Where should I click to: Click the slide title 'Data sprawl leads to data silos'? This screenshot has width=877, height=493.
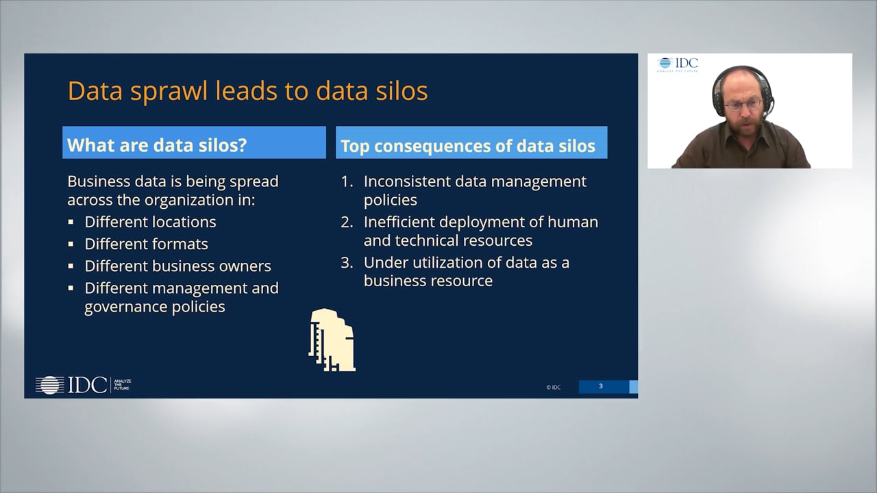pyautogui.click(x=247, y=91)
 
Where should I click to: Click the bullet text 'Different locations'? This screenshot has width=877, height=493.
pyautogui.click(x=150, y=222)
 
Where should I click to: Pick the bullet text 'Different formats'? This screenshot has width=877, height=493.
pyautogui.click(x=146, y=244)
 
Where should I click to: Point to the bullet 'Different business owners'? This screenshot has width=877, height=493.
pyautogui.click(x=177, y=266)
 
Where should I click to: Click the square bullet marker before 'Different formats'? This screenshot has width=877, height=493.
pyautogui.click(x=71, y=244)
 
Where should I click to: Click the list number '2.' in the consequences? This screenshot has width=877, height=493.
pyautogui.click(x=347, y=222)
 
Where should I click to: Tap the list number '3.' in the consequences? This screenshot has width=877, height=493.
pyautogui.click(x=347, y=262)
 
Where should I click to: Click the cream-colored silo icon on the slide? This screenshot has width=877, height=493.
pyautogui.click(x=332, y=340)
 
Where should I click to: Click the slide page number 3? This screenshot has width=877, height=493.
pyautogui.click(x=601, y=387)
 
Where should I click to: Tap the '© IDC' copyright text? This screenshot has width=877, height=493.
pyautogui.click(x=553, y=388)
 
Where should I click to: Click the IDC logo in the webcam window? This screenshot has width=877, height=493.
pyautogui.click(x=678, y=64)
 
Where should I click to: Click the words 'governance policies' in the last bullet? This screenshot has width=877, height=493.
pyautogui.click(x=154, y=307)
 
